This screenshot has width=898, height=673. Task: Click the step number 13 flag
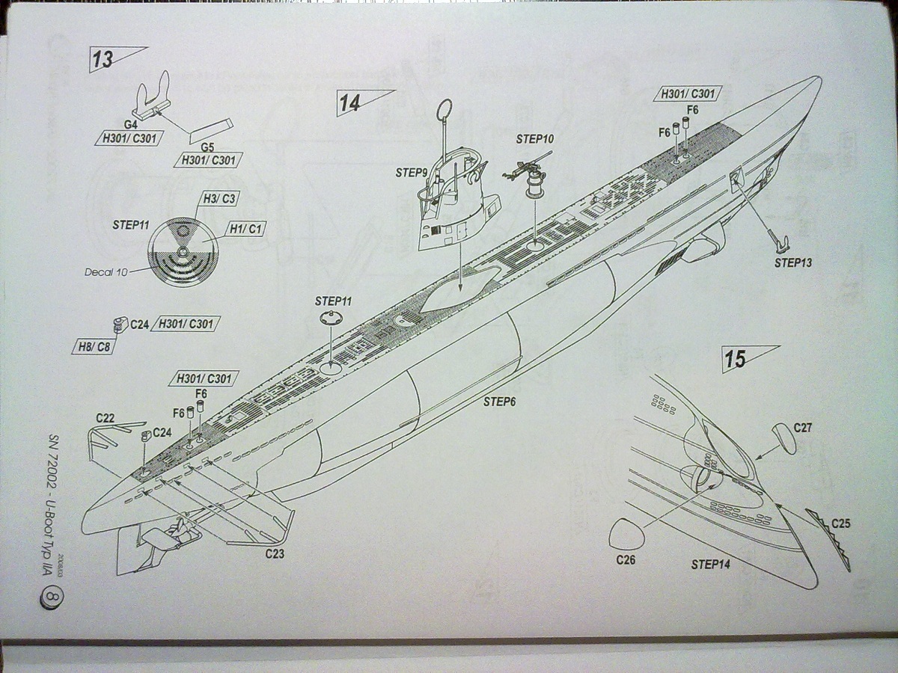point(105,59)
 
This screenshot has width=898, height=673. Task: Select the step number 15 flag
point(738,360)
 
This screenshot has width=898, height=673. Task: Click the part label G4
point(129,125)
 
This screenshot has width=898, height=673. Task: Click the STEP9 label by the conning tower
point(412,173)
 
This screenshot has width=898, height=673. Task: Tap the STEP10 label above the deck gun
point(534,139)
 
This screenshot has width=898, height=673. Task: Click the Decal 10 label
point(105,272)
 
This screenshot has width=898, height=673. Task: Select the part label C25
point(840,523)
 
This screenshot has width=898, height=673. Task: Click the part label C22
point(105,418)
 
